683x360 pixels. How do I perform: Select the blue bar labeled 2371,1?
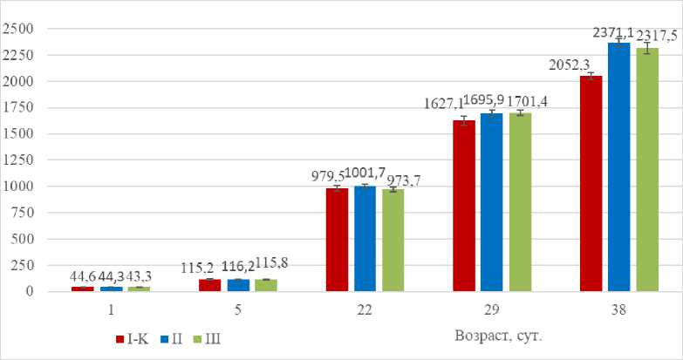tap(618, 166)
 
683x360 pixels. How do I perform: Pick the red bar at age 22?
tap(337, 239)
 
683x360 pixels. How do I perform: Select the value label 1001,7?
tap(365, 173)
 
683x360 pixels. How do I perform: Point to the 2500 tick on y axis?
tap(17, 29)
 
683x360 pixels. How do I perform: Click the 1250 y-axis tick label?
tap(17, 160)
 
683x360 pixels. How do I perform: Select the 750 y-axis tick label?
tap(21, 212)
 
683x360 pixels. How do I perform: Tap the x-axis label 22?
tap(365, 309)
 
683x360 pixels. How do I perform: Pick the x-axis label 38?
tap(618, 309)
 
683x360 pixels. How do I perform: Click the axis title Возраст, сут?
tap(501, 335)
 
